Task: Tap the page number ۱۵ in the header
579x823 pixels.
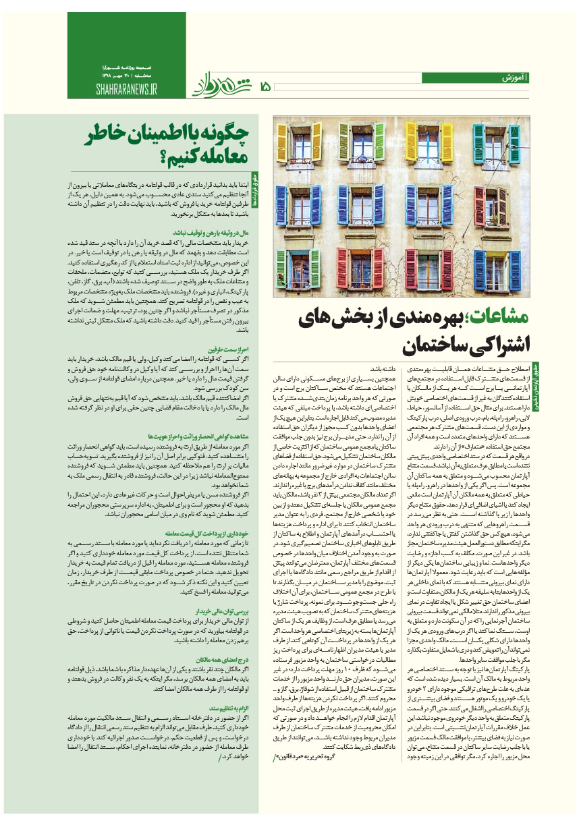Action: click(x=264, y=86)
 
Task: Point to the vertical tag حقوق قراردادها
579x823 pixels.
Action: click(x=255, y=188)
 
